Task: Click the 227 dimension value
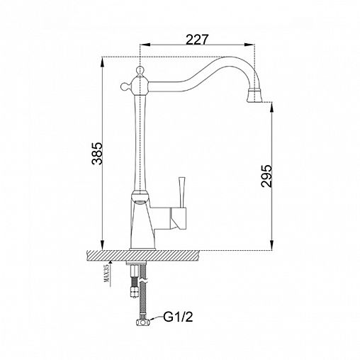click(x=197, y=40)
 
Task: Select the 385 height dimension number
click(x=97, y=153)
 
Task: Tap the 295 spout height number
click(x=266, y=176)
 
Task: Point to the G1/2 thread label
click(x=178, y=317)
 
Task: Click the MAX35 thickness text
click(x=106, y=273)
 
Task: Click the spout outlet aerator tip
click(x=255, y=96)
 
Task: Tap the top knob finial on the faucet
click(x=140, y=70)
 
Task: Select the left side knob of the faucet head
click(x=125, y=86)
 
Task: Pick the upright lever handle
click(x=181, y=192)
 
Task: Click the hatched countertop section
click(x=142, y=255)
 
